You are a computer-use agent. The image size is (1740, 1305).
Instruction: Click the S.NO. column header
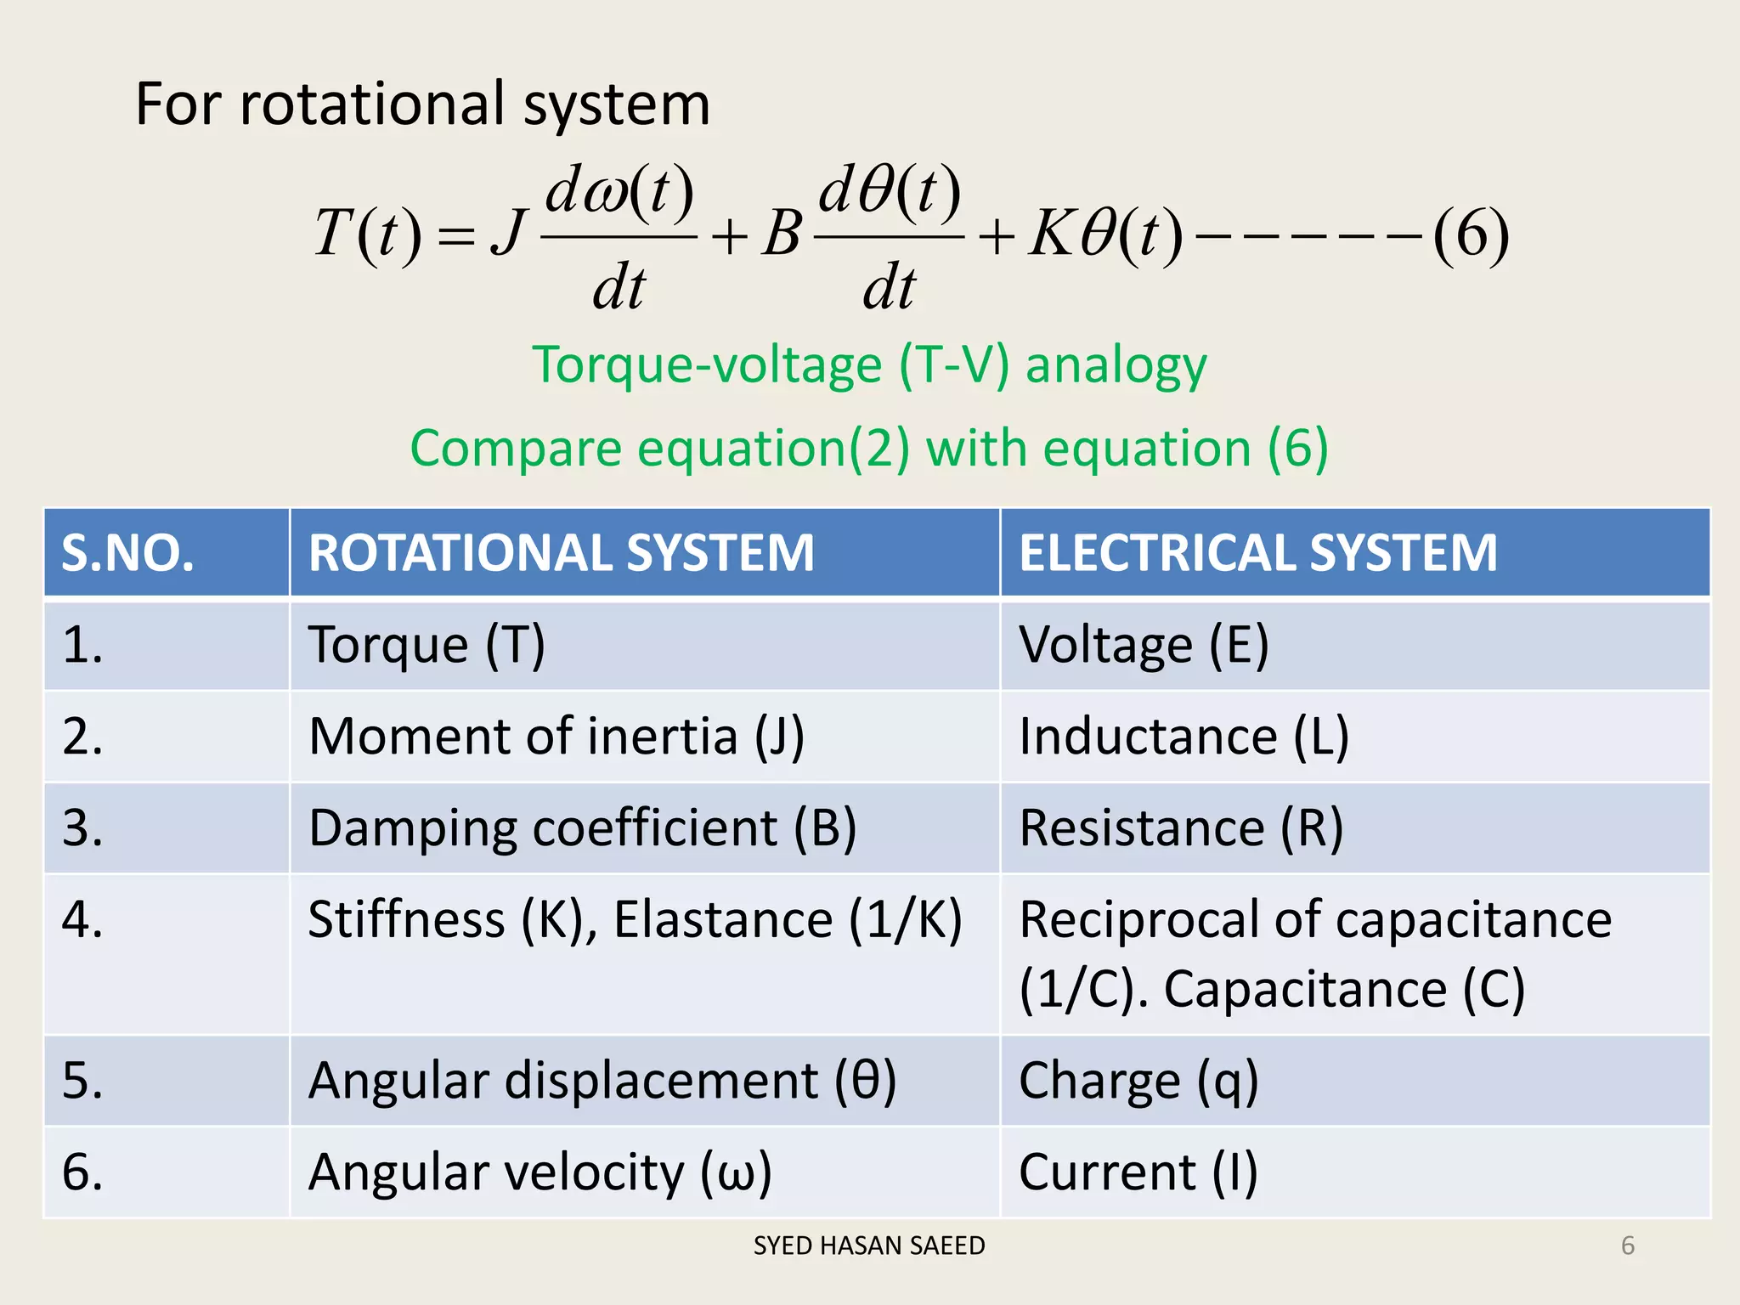pyautogui.click(x=127, y=553)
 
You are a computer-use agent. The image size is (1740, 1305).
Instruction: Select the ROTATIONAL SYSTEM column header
pyautogui.click(x=561, y=553)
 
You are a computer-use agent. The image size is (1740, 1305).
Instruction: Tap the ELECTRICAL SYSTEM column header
pyautogui.click(x=1257, y=553)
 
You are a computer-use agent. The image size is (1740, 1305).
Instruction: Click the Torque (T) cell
pyautogui.click(x=427, y=645)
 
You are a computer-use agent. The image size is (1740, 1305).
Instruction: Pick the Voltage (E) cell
pyautogui.click(x=1144, y=645)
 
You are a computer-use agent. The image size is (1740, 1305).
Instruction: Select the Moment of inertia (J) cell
pyautogui.click(x=556, y=737)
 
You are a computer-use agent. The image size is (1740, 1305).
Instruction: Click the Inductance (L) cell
pyautogui.click(x=1184, y=737)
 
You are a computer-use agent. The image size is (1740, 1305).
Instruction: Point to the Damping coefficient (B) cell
pyautogui.click(x=582, y=828)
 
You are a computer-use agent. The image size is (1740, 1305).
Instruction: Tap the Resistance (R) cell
pyautogui.click(x=1181, y=828)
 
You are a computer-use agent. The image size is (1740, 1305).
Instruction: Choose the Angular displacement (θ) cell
pyautogui.click(x=602, y=1081)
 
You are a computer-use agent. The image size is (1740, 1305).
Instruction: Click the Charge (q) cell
pyautogui.click(x=1138, y=1081)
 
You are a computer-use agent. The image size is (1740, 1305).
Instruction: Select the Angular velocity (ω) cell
pyautogui.click(x=540, y=1172)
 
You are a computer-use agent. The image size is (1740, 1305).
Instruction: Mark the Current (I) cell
pyautogui.click(x=1138, y=1172)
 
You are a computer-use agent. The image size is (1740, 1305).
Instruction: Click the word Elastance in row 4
pyautogui.click(x=723, y=920)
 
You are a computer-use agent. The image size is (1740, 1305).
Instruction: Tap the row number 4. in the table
pyautogui.click(x=82, y=920)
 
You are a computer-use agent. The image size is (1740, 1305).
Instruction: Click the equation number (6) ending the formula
pyautogui.click(x=1471, y=234)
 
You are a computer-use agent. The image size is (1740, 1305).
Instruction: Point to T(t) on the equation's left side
pyautogui.click(x=367, y=234)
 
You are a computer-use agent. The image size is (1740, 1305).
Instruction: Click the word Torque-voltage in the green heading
pyautogui.click(x=707, y=365)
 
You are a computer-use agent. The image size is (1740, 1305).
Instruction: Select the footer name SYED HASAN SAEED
pyautogui.click(x=869, y=1246)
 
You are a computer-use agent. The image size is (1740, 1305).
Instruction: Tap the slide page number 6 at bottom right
pyautogui.click(x=1628, y=1246)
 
